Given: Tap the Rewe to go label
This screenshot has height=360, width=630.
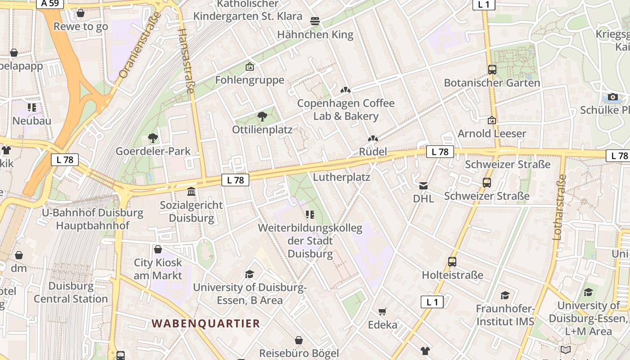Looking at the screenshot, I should click(81, 27).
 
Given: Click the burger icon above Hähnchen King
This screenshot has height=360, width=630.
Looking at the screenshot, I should click(315, 21).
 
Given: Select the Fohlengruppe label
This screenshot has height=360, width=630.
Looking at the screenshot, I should click(250, 80).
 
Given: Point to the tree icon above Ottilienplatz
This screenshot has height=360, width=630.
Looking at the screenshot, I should click(262, 117).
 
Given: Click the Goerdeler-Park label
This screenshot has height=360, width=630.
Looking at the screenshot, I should click(153, 151).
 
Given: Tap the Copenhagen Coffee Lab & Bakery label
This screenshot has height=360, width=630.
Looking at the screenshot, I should click(346, 110).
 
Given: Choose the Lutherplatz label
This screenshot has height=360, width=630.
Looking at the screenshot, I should click(342, 177).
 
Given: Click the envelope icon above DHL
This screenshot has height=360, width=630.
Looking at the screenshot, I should click(423, 185).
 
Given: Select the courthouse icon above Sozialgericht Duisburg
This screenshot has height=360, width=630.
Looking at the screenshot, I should click(191, 192).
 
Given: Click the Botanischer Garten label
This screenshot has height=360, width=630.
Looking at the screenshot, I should click(492, 83).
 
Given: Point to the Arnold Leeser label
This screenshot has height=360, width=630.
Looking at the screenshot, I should click(492, 134).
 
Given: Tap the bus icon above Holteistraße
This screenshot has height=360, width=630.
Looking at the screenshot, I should click(452, 262).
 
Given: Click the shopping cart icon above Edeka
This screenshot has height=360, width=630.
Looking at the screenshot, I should click(382, 311).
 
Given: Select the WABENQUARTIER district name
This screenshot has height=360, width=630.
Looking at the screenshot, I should click(206, 324).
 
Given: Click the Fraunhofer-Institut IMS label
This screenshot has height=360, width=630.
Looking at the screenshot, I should click(505, 315).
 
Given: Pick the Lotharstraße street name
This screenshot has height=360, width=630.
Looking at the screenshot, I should click(559, 207).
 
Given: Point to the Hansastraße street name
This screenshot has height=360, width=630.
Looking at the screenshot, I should click(186, 61).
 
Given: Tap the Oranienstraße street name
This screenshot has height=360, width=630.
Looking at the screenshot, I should click(140, 45).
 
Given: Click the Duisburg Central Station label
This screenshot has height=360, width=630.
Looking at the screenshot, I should click(71, 292).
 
